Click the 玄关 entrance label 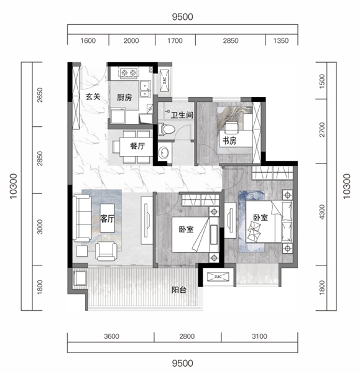[93, 96]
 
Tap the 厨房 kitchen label [124, 98]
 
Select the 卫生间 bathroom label [182, 115]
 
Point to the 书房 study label [229, 141]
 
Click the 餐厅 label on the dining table [137, 146]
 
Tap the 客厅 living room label [107, 219]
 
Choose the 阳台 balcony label [179, 290]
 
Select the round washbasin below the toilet [164, 152]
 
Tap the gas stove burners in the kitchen [129, 72]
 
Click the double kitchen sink [145, 89]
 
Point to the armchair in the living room [106, 251]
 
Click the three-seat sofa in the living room [82, 218]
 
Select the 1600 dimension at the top [88, 40]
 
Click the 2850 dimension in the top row [230, 40]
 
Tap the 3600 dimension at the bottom [111, 336]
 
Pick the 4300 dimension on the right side [321, 212]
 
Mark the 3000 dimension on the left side [40, 227]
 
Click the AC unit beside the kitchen [164, 80]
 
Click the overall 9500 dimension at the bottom [183, 363]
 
